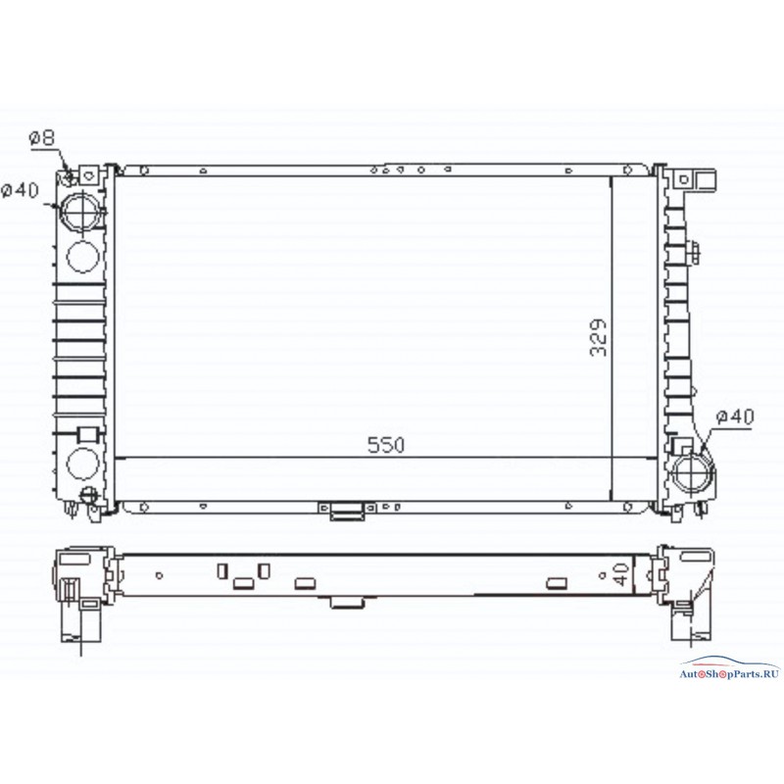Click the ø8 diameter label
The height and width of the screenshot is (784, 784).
[42, 137]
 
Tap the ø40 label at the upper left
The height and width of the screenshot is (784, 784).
[20, 190]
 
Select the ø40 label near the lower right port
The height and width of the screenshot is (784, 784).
[734, 416]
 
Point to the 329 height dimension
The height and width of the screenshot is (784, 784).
[599, 337]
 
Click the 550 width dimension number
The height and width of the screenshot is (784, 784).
[386, 445]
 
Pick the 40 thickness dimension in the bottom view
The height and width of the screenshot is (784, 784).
[621, 574]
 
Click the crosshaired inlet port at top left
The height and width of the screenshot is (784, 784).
[80, 211]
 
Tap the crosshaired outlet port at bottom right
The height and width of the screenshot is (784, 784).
[693, 472]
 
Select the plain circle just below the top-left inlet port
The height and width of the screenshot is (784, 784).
[82, 257]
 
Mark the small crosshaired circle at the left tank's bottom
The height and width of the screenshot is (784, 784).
[89, 495]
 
